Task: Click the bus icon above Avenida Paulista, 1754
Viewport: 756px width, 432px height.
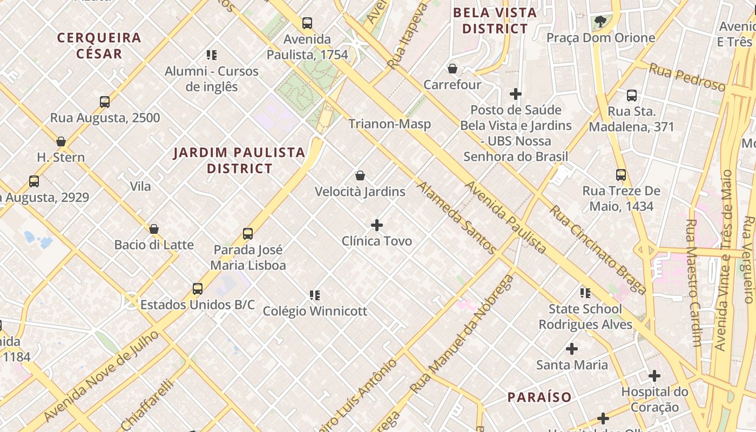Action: [307, 23]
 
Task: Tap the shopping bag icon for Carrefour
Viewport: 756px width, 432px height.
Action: [453, 69]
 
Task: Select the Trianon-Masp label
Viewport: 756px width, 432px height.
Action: [389, 124]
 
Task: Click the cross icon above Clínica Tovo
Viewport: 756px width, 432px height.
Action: [377, 225]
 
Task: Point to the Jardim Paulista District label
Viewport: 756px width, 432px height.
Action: [239, 160]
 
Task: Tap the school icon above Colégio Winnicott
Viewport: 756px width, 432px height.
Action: [315, 295]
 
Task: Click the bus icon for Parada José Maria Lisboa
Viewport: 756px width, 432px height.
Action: [248, 234]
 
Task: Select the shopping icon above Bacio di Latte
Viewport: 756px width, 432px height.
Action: [154, 229]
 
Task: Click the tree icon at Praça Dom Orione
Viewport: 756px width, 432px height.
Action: [600, 22]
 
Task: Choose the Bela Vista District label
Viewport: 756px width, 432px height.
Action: [495, 21]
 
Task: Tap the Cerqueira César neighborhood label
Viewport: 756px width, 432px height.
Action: [99, 45]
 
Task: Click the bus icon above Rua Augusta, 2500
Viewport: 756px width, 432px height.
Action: [105, 102]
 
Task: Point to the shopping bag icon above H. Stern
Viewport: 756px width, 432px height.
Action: [61, 141]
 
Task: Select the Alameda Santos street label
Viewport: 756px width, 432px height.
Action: [456, 218]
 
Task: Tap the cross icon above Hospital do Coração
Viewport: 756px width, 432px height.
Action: [654, 376]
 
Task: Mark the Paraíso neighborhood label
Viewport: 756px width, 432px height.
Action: [539, 397]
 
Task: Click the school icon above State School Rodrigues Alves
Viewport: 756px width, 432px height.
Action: [585, 293]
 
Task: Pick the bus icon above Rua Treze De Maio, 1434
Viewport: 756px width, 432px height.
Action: [621, 175]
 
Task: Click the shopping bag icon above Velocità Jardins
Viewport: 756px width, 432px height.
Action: [360, 175]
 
